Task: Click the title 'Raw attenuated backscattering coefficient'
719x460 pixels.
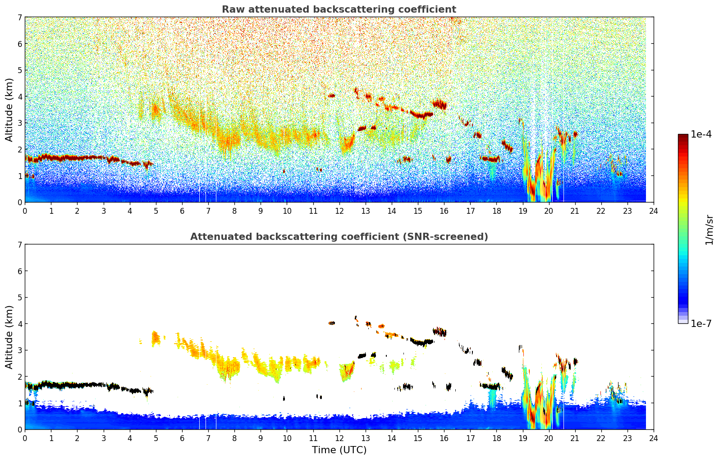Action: coord(339,9)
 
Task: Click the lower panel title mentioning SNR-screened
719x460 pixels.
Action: coord(339,237)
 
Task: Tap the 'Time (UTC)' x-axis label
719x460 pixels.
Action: coord(339,450)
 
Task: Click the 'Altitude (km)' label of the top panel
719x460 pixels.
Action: coord(9,110)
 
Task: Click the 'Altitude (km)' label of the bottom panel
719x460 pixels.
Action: coord(9,337)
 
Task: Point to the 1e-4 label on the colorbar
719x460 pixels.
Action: coord(701,134)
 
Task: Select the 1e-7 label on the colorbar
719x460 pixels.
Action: coord(701,324)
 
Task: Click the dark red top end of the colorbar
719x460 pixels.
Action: coord(683,136)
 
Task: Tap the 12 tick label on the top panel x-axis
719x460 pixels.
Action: coord(339,211)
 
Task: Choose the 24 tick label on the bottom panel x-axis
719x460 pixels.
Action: coord(654,438)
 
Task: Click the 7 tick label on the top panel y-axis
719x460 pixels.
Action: coord(20,18)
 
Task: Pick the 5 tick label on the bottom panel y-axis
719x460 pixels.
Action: coord(20,298)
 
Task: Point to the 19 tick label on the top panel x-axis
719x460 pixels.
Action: coord(522,211)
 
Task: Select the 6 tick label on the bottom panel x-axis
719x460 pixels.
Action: coord(182,438)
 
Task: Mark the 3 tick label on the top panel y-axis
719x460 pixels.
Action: coord(20,123)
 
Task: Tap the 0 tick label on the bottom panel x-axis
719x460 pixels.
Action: coord(25,438)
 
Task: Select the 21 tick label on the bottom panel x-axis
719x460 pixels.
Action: coord(575,438)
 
